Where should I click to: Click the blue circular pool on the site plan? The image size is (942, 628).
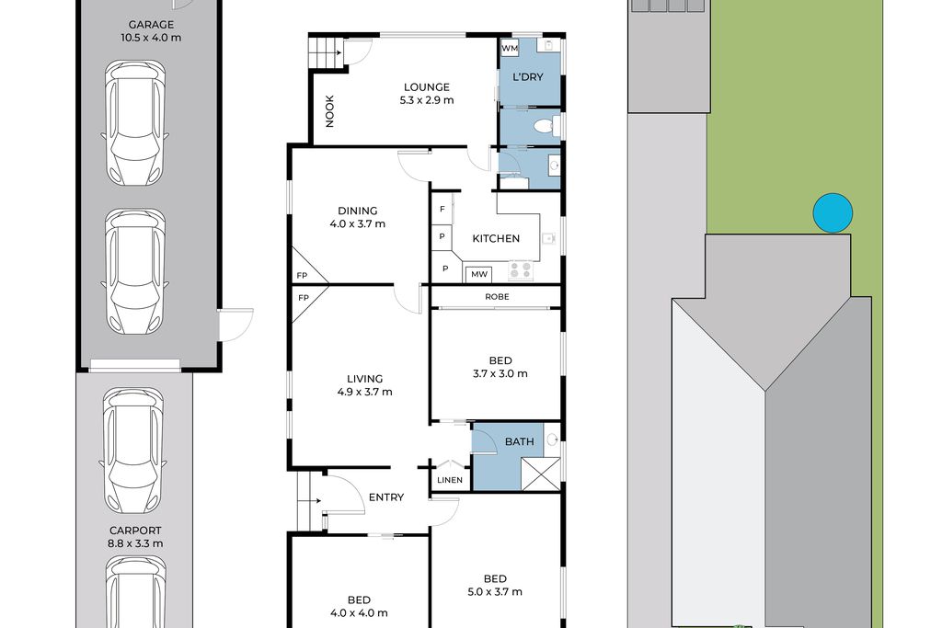coord(833,212)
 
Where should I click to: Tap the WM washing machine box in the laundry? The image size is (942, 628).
coord(510,48)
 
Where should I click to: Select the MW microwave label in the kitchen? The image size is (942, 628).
coord(478,274)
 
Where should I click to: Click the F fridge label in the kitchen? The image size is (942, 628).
coord(442,209)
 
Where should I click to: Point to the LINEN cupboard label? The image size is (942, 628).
coord(450,480)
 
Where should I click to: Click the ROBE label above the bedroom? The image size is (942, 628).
coord(497,297)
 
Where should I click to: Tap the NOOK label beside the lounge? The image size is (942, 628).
coord(329,111)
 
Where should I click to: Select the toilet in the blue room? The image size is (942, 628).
coord(546,127)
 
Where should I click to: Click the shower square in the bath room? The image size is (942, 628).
coord(541,474)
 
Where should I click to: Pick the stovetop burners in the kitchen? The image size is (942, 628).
coord(521,270)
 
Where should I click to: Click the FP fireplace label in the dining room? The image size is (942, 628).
coord(302,276)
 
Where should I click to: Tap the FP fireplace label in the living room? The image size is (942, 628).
coord(304,298)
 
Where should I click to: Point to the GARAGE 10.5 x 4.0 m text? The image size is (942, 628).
coord(151,30)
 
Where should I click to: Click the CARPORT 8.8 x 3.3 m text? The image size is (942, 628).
coord(135,537)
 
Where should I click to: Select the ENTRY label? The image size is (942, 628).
coord(386,497)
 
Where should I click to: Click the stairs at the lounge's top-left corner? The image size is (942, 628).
coord(325,51)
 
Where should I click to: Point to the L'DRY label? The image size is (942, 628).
coord(527,77)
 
